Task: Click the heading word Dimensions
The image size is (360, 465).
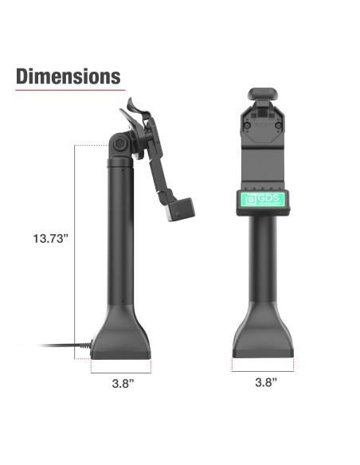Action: [x=68, y=76]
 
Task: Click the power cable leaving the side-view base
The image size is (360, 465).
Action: [x=64, y=346]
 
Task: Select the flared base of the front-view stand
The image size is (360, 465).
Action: [x=263, y=338]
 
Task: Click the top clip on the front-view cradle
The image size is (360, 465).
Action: [x=262, y=96]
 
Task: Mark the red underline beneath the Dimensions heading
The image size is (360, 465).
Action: [x=68, y=90]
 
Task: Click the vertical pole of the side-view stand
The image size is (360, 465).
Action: [x=119, y=239]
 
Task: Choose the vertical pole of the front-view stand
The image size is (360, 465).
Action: [x=262, y=255]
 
